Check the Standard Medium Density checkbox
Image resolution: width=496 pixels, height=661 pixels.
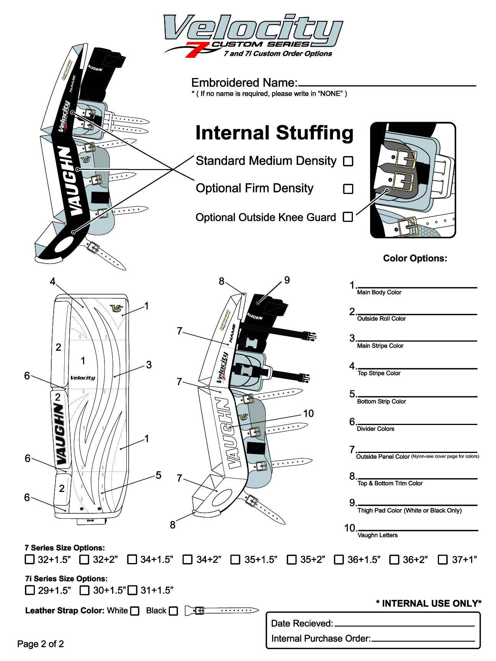(x=348, y=161)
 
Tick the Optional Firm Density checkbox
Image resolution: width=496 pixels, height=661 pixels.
(x=348, y=189)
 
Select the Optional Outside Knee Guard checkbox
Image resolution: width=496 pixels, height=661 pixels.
(x=348, y=217)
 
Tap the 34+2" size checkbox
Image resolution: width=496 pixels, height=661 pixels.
(x=187, y=560)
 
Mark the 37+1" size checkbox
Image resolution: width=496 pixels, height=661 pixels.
(x=442, y=560)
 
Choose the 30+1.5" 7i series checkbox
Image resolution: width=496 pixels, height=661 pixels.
(x=84, y=590)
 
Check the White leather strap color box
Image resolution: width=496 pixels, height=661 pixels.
(x=135, y=611)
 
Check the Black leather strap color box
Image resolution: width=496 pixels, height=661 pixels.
(x=173, y=611)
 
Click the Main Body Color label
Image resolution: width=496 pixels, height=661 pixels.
(x=379, y=293)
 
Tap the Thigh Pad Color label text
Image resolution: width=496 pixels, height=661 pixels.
(x=409, y=511)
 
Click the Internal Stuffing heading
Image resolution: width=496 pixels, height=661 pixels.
(x=274, y=133)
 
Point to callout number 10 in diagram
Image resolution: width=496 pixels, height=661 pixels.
(x=308, y=414)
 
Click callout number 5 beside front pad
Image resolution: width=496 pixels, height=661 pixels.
(x=158, y=475)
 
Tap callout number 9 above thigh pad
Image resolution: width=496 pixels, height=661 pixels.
(x=287, y=280)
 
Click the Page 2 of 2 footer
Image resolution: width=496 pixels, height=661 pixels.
(x=41, y=644)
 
